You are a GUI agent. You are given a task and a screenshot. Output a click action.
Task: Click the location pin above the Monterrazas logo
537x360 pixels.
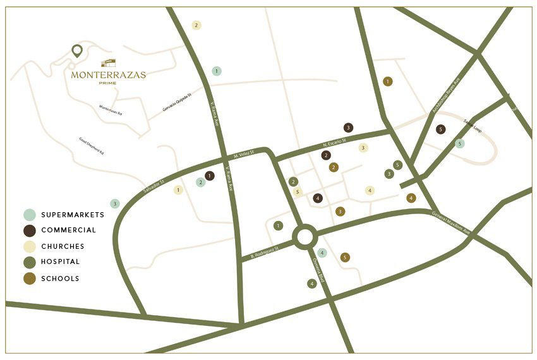[77, 51]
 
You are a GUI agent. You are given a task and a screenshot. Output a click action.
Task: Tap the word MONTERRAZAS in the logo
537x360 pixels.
[108, 75]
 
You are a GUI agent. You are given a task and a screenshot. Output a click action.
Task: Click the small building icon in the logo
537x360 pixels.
[109, 63]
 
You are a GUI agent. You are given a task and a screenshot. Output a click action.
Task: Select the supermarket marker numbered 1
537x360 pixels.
[217, 71]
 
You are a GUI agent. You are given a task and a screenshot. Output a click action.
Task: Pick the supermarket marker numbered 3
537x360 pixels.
[114, 203]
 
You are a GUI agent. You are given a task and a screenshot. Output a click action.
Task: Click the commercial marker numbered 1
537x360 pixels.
[210, 176]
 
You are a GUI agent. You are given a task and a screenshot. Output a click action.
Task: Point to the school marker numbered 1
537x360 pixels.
[388, 81]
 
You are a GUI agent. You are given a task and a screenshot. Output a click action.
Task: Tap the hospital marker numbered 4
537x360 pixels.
[312, 284]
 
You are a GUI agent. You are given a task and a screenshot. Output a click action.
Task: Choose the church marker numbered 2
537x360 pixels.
[196, 25]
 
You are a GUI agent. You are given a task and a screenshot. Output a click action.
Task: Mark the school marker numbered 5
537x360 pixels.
[344, 257]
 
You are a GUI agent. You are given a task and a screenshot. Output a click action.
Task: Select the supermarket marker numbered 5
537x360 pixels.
[460, 143]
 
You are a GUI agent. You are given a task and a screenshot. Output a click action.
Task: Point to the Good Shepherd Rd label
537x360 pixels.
[91, 146]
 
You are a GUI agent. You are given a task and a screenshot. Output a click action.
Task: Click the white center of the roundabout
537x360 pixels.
[304, 237]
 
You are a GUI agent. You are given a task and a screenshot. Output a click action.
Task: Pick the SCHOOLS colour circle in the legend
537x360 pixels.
[30, 279]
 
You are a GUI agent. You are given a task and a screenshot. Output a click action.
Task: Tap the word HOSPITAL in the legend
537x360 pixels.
[61, 261]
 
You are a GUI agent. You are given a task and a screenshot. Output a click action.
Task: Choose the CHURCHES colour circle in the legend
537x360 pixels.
[30, 246]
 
